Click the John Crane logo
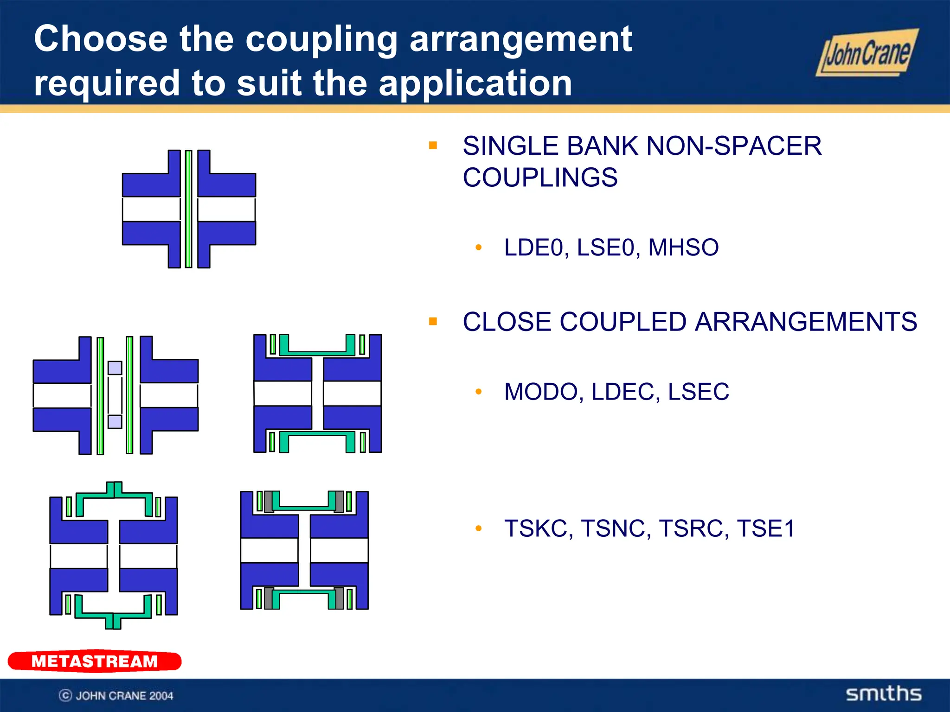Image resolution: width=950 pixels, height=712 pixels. point(867,53)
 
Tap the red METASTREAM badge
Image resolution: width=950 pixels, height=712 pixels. point(95,661)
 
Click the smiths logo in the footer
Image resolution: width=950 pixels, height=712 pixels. point(883,693)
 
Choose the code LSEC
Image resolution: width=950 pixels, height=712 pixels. point(699,392)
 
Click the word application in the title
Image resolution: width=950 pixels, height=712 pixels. point(475,83)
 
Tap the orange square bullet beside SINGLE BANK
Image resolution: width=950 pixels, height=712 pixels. point(433,146)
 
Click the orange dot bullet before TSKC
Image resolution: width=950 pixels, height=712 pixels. point(479,528)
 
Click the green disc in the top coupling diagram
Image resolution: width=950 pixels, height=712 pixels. point(188,209)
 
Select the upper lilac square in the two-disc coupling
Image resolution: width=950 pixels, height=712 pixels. point(115,368)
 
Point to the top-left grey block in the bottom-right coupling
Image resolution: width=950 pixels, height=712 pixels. point(269,502)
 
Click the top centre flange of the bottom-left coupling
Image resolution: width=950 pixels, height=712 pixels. point(114,489)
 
